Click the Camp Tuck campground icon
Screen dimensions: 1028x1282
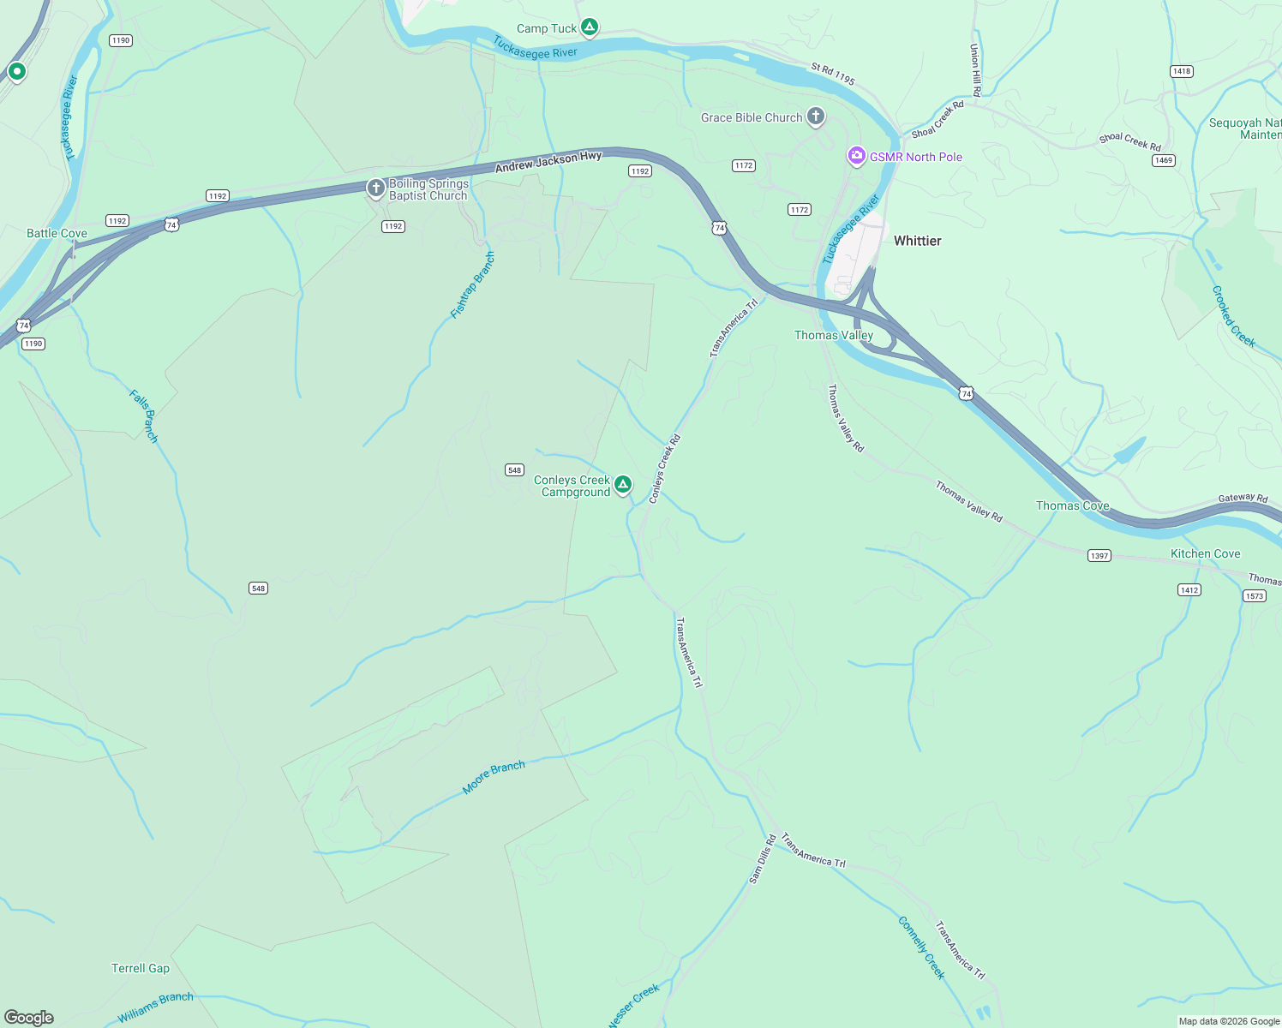[x=590, y=27]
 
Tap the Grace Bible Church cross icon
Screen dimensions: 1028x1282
[x=816, y=117]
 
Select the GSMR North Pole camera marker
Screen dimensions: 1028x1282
[x=856, y=156]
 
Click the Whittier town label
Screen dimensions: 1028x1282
[x=917, y=241]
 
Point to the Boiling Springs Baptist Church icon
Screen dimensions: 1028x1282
[x=375, y=188]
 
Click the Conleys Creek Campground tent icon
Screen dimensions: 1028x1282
[x=623, y=485]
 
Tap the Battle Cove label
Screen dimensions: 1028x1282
[x=57, y=233]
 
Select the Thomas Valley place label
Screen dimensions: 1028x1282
[x=833, y=335]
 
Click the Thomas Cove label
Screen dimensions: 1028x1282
[x=1072, y=505]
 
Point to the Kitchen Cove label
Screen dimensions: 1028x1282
[x=1205, y=553]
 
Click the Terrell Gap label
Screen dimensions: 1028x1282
[x=141, y=968]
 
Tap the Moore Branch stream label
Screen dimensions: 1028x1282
[x=494, y=777]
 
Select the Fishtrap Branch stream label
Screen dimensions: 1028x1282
[x=473, y=285]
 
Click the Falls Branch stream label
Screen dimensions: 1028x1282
[x=144, y=415]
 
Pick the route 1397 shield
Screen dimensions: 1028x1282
[x=1099, y=556]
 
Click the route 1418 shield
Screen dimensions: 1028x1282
[x=1182, y=71]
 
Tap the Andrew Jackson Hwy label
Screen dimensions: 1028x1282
[x=548, y=162]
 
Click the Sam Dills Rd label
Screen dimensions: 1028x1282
[x=762, y=858]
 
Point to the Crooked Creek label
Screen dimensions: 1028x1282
[x=1233, y=316]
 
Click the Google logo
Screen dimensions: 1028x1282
[x=29, y=1018]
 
